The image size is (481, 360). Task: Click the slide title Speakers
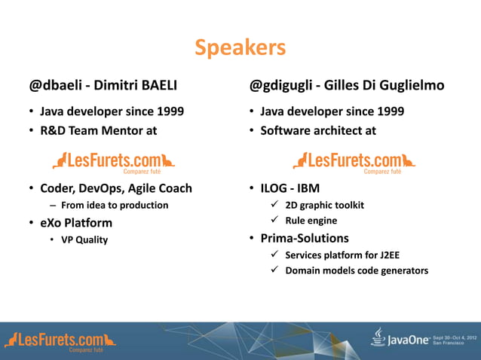tap(240, 48)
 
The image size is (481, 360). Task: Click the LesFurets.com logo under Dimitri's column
tap(114, 160)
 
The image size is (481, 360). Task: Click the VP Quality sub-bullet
tap(84, 240)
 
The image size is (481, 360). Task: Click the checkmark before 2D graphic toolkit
tap(277, 206)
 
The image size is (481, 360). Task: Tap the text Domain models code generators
tap(356, 271)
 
